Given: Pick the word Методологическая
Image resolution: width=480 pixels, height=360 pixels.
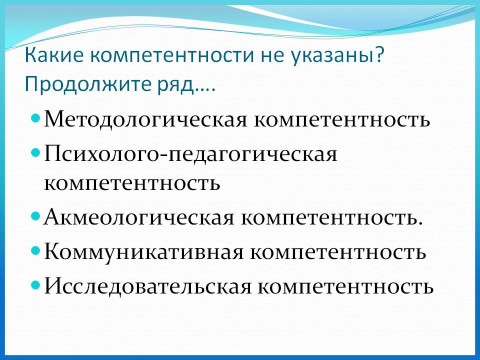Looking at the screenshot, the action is point(145,119).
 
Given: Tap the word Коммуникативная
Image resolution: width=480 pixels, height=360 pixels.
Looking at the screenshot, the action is point(143,252).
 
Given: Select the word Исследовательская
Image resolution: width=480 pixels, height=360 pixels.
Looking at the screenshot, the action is point(147,286).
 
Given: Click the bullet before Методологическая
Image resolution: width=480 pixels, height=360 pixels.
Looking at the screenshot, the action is point(35,117).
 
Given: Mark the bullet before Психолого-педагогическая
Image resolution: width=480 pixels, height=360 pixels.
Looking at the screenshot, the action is point(35,152).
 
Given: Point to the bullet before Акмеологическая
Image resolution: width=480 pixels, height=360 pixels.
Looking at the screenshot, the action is point(35,216).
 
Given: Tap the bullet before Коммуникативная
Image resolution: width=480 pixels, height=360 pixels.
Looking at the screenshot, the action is point(35,250).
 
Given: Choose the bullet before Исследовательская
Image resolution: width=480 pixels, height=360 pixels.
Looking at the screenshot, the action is point(35,285).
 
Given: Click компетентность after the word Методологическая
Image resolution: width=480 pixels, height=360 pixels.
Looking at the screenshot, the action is point(342,120).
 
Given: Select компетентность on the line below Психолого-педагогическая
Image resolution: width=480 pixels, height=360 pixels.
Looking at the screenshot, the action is point(132,183).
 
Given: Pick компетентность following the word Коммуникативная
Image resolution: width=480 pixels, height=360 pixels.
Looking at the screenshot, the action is point(338,252).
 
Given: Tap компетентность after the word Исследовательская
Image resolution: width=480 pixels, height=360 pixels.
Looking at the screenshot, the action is point(346,287).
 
